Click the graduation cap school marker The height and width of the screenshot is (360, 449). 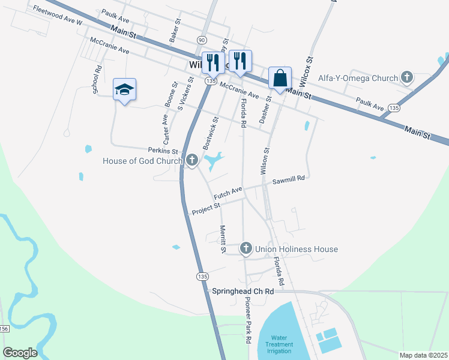(124, 90)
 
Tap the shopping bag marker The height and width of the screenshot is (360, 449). (280, 78)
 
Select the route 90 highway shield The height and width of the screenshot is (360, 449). (200, 38)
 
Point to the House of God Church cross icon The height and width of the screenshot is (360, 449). (192, 160)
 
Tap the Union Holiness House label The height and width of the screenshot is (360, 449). (297, 249)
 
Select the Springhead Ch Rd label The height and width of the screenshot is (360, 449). (243, 291)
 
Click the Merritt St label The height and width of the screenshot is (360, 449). (222, 239)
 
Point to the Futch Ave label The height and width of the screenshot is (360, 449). (228, 194)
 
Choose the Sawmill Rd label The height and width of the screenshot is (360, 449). (289, 179)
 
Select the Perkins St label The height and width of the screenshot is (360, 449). (163, 151)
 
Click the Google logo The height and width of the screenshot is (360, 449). (20, 353)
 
